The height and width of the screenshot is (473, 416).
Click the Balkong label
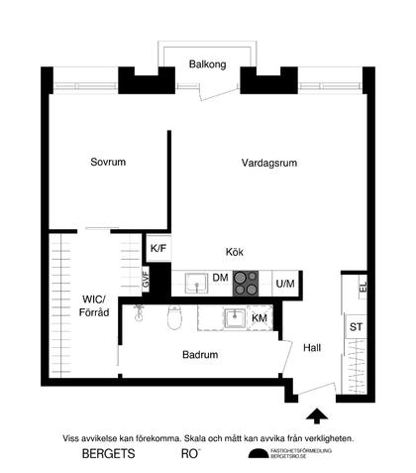(208, 65)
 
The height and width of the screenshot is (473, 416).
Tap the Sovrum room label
(109, 162)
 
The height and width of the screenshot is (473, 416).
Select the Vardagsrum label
(269, 162)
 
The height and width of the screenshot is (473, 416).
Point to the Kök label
(235, 253)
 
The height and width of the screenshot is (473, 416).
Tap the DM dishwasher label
(221, 280)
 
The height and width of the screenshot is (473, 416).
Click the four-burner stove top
(247, 284)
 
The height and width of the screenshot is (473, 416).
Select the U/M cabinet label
(286, 285)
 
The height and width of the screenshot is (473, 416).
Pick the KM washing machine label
(260, 318)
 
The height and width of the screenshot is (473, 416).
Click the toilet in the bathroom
(175, 319)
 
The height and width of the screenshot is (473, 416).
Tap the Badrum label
(199, 353)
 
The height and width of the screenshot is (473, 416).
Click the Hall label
(313, 348)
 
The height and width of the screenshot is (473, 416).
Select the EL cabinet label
(364, 287)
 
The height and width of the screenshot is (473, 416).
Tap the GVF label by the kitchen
(146, 280)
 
